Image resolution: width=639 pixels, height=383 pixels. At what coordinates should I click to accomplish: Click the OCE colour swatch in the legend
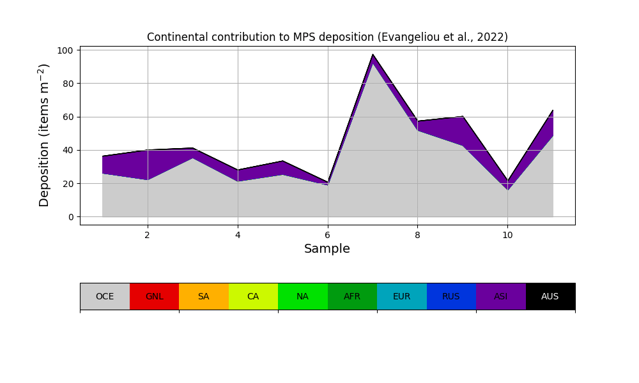pyautogui.click(x=105, y=296)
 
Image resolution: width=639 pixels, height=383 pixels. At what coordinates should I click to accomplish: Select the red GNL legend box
pyautogui.click(x=154, y=296)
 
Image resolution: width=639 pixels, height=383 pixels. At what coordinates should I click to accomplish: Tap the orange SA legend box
pyautogui.click(x=203, y=296)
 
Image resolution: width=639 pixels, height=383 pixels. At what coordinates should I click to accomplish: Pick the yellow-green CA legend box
pyautogui.click(x=253, y=296)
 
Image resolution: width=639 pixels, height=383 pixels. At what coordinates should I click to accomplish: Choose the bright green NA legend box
pyautogui.click(x=302, y=296)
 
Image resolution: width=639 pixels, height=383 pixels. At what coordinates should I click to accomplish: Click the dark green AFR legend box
pyautogui.click(x=352, y=296)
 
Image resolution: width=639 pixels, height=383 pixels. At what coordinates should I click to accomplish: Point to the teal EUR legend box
pyautogui.click(x=401, y=296)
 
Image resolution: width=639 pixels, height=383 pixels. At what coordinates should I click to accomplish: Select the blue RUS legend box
pyautogui.click(x=451, y=296)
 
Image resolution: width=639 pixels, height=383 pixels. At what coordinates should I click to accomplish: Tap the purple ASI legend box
pyautogui.click(x=500, y=296)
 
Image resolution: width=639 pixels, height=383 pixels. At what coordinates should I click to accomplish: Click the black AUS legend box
pyautogui.click(x=550, y=296)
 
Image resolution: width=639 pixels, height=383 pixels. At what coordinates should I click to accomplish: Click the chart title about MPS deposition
pyautogui.click(x=327, y=37)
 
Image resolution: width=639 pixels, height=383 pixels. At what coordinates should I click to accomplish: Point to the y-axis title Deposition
pyautogui.click(x=44, y=135)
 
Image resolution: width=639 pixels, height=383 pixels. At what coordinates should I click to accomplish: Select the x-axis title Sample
pyautogui.click(x=327, y=249)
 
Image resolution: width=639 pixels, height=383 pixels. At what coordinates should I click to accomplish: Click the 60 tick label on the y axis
pyautogui.click(x=68, y=117)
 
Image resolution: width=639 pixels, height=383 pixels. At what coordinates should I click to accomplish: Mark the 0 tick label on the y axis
pyautogui.click(x=71, y=217)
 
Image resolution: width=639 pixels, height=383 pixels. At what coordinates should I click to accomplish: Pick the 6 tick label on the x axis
pyautogui.click(x=328, y=235)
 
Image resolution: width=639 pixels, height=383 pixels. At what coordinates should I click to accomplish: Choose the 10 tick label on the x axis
pyautogui.click(x=507, y=235)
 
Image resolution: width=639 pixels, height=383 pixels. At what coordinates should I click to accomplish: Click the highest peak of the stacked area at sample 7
pyautogui.click(x=373, y=55)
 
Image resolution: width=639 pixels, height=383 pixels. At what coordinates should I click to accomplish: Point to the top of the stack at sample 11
pyautogui.click(x=553, y=110)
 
